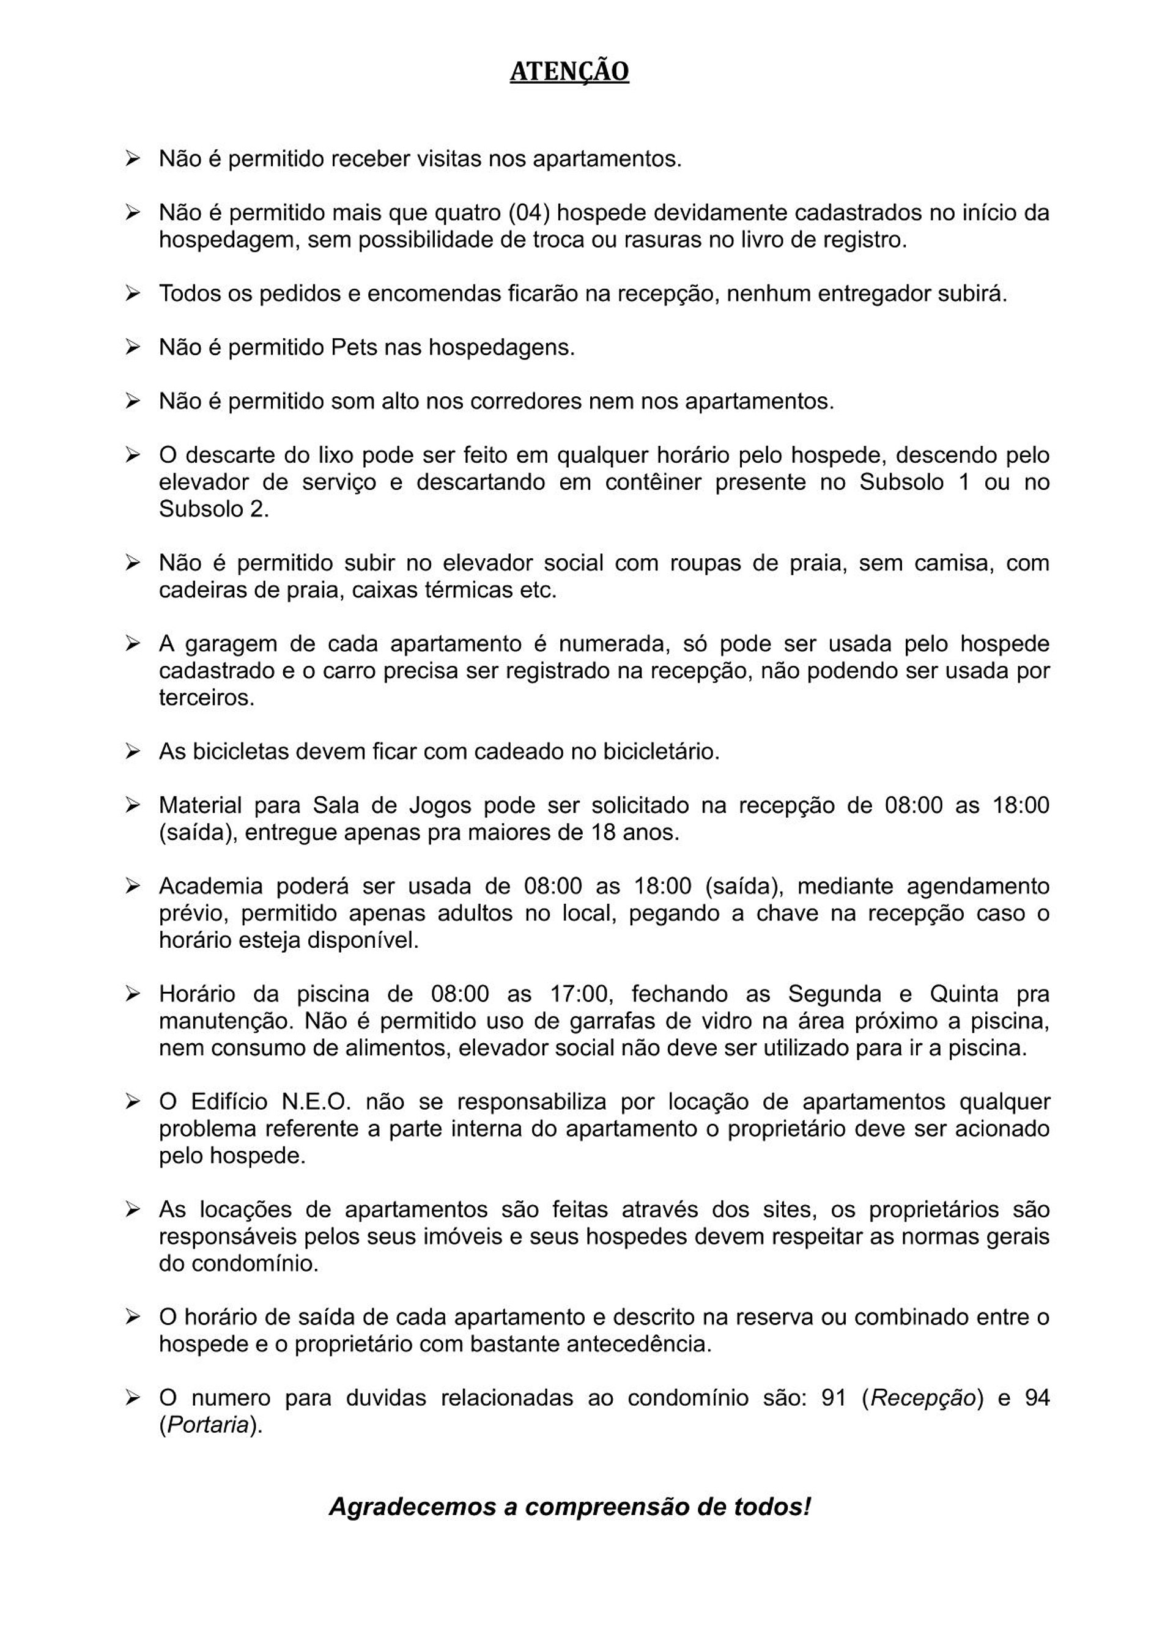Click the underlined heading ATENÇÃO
(569, 72)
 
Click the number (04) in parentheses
(528, 213)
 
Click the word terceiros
(207, 698)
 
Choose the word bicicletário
(659, 752)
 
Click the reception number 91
(834, 1398)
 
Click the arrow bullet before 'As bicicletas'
(132, 751)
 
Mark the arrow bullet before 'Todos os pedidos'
(132, 294)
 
